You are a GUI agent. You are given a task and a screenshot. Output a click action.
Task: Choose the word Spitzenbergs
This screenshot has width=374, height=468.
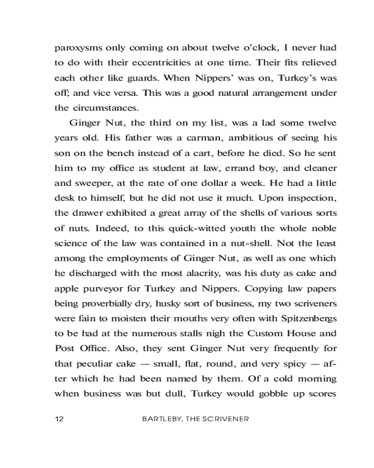click(x=303, y=317)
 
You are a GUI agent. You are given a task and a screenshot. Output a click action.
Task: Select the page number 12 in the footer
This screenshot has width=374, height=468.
click(x=59, y=419)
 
